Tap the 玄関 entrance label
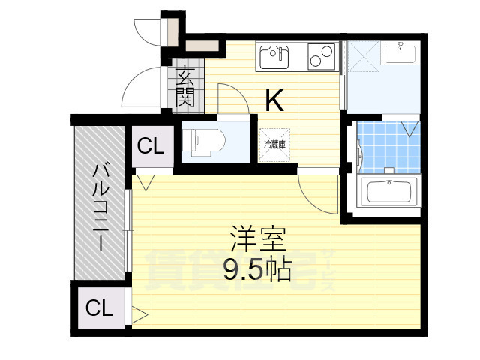185,86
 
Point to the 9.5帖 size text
256,271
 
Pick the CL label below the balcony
98,307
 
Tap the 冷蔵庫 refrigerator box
274,143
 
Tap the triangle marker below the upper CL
145,181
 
